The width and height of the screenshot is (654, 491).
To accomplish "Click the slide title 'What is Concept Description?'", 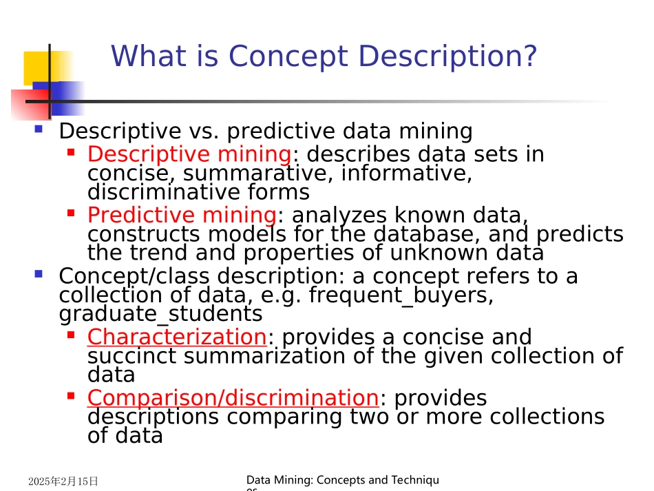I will [324, 56].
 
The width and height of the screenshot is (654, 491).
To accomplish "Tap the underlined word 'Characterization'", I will [176, 337].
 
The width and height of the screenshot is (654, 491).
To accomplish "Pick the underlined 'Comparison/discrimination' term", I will [233, 398].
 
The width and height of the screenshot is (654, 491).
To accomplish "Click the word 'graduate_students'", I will [160, 314].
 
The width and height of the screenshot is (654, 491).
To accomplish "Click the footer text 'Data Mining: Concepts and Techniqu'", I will [342, 480].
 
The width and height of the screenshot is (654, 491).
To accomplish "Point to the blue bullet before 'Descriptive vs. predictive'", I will [39, 129].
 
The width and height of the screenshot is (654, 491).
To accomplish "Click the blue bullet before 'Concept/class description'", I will [39, 274].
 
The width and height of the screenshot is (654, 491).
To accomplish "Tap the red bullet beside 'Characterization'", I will [70, 335].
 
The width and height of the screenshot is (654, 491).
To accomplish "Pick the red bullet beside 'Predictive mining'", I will [70, 213].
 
